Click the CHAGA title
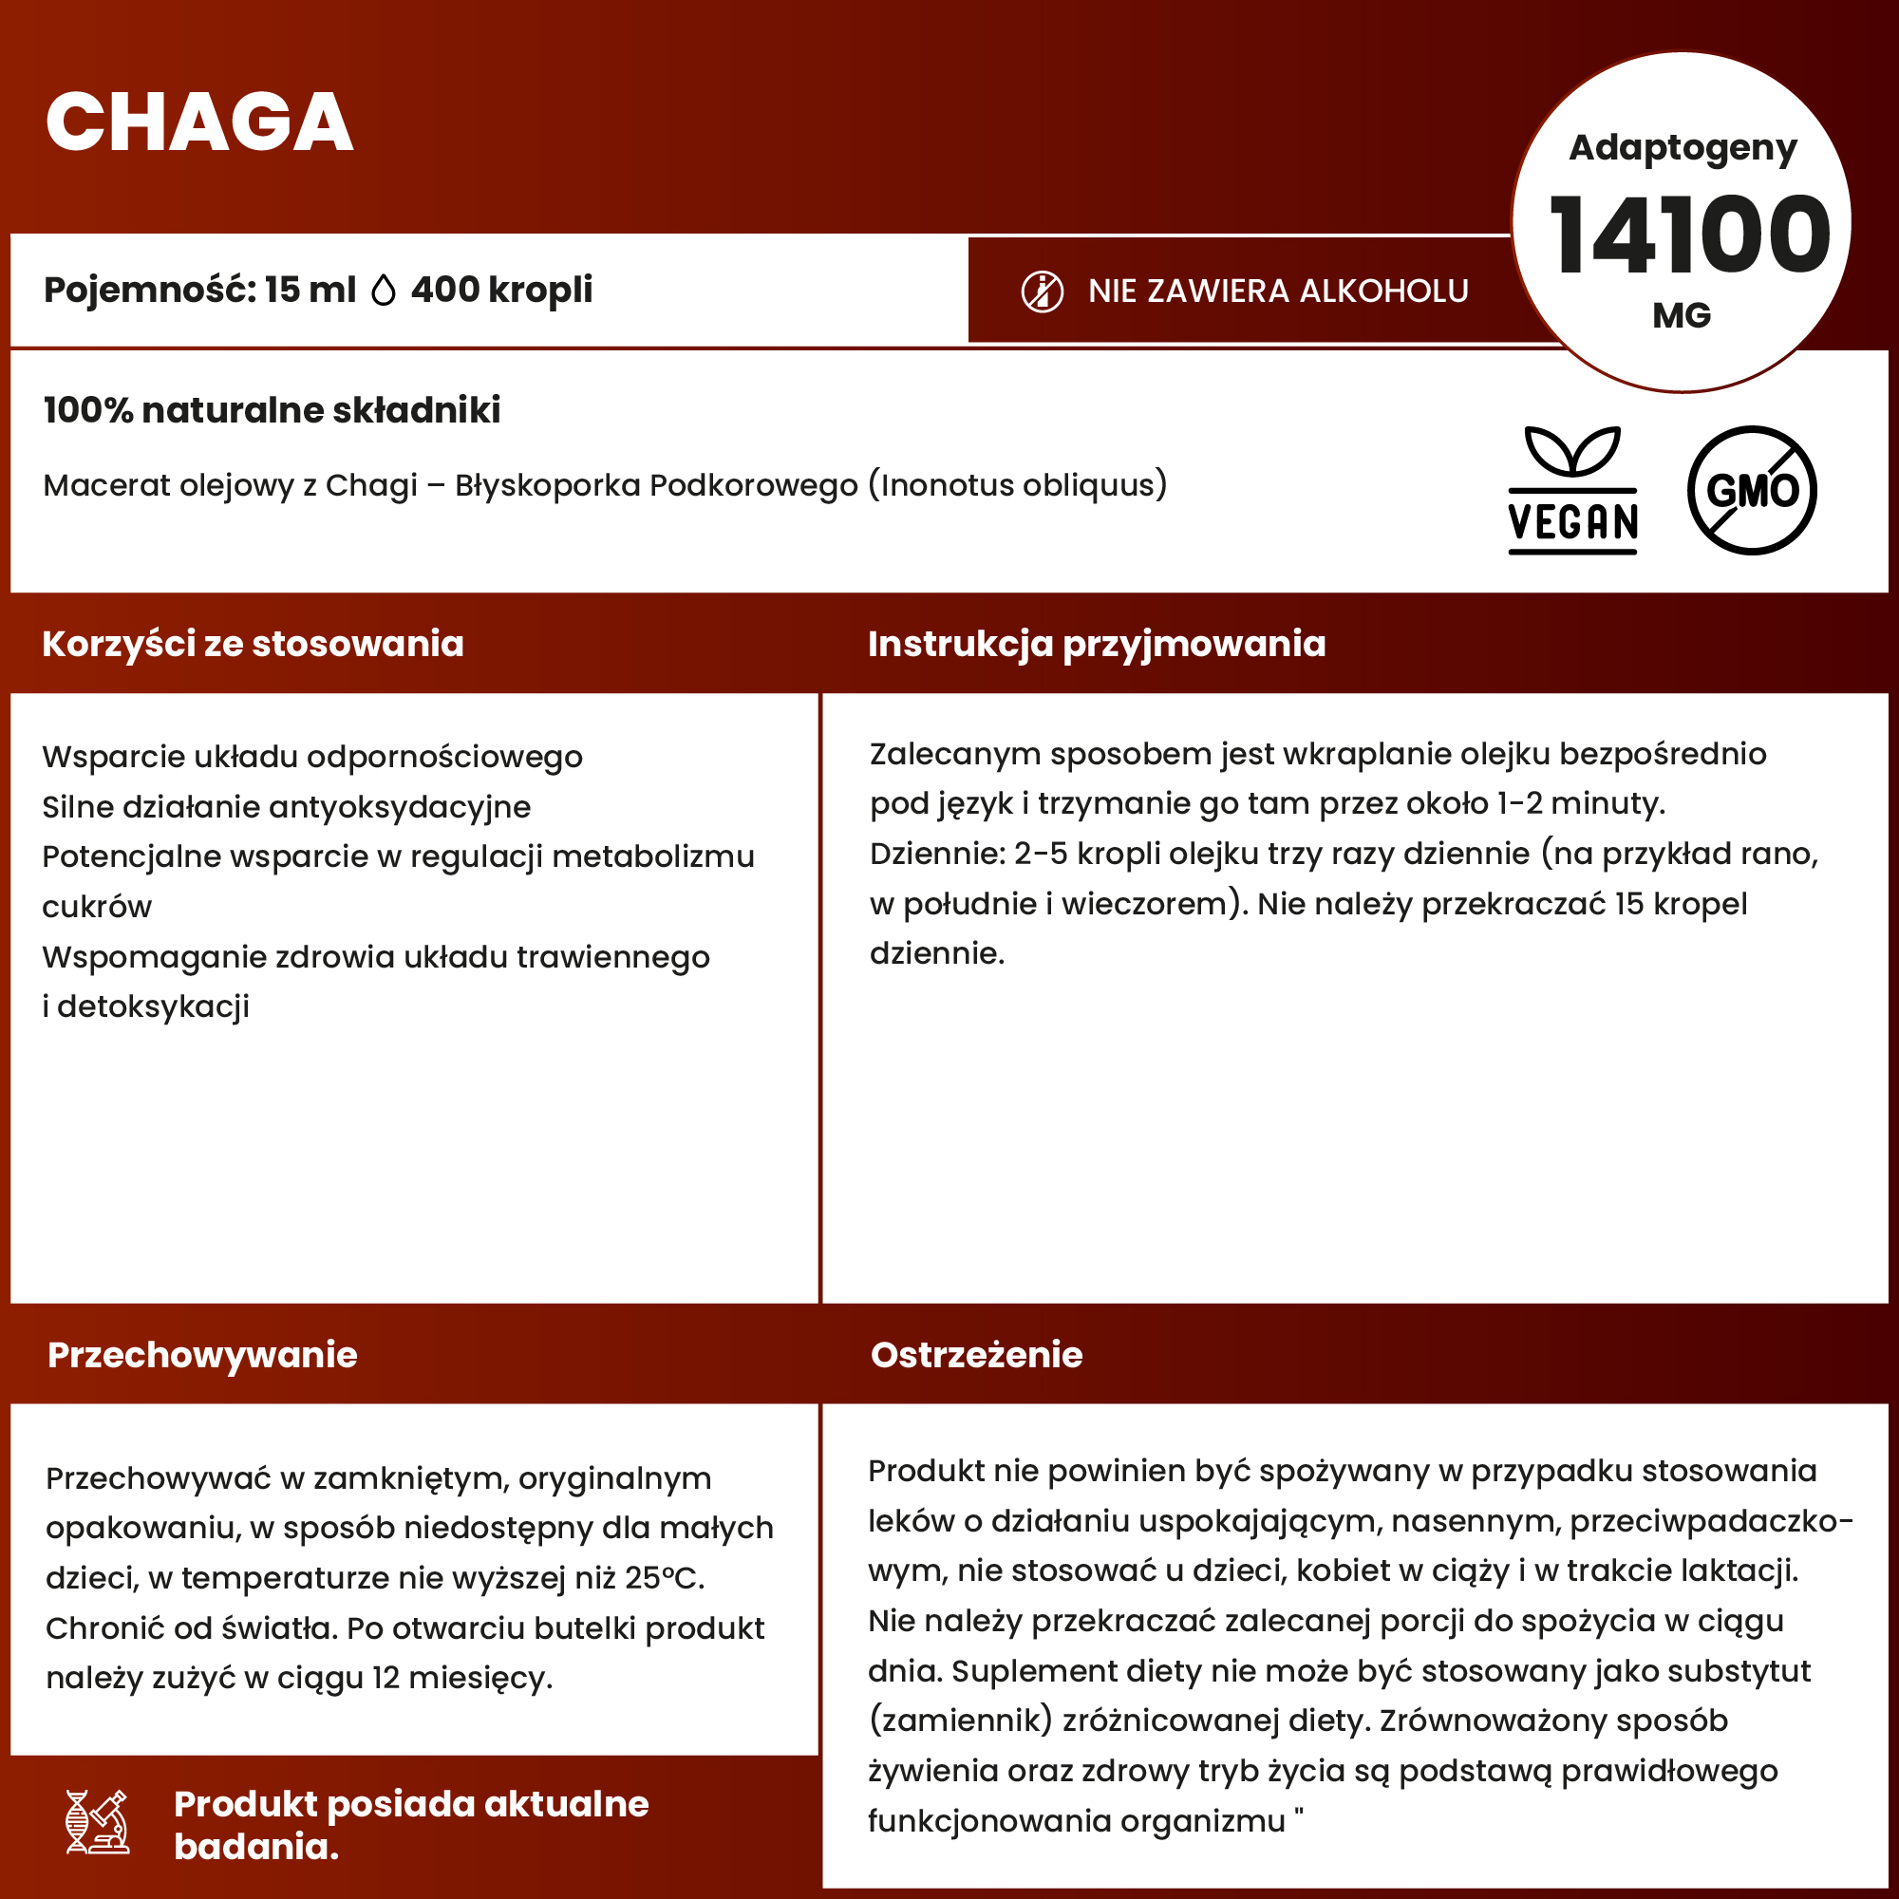tap(199, 122)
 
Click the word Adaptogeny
tap(1683, 147)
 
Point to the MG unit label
tap(1682, 315)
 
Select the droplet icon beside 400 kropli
tap(384, 290)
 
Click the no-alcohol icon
tap(1042, 291)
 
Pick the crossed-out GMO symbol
tap(1752, 490)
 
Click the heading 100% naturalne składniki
tap(273, 410)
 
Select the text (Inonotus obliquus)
tap(1017, 484)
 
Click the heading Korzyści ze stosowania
tap(253, 644)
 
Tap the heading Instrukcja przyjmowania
tap(1097, 644)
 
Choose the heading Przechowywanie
tap(202, 1355)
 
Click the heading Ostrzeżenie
tap(976, 1355)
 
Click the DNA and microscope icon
tap(97, 1821)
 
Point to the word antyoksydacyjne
tap(399, 807)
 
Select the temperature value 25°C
tap(665, 1577)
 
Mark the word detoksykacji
tap(153, 1006)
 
